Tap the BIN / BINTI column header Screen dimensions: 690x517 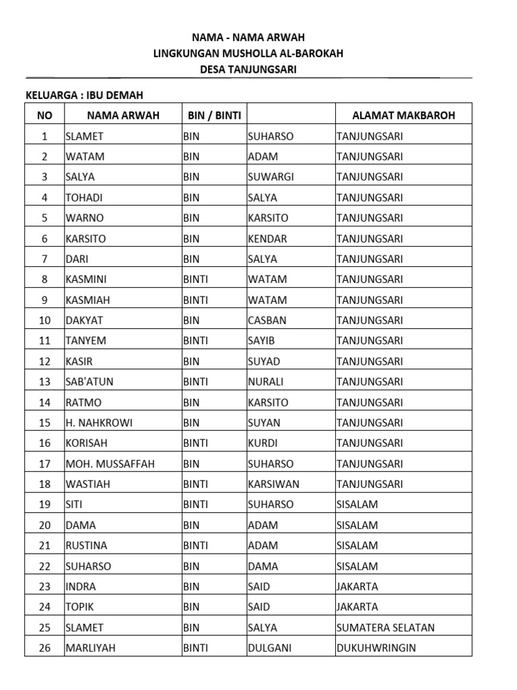(214, 115)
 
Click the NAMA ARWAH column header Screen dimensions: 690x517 (123, 115)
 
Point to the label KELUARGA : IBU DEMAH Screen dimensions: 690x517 (84, 95)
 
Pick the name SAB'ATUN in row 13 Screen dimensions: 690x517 (90, 382)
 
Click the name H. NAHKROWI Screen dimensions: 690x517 (99, 423)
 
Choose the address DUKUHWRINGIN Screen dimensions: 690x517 (376, 648)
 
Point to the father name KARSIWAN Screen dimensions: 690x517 (274, 484)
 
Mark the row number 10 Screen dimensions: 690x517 (45, 321)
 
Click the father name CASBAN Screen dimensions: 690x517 (267, 321)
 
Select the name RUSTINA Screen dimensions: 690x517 (86, 546)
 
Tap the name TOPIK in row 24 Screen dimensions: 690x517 (80, 607)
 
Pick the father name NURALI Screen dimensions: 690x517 (266, 382)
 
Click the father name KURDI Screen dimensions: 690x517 (263, 443)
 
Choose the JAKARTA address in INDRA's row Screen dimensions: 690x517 (357, 587)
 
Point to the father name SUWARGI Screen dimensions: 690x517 (271, 177)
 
